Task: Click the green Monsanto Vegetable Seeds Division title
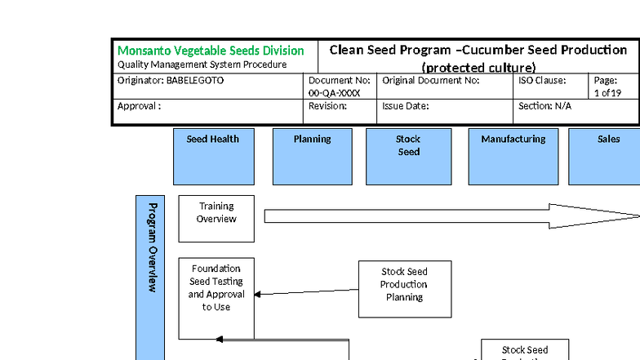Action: click(211, 51)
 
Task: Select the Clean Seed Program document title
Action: click(478, 57)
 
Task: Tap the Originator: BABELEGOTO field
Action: click(171, 81)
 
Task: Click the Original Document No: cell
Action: click(430, 81)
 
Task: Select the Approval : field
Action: click(140, 106)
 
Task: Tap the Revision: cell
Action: click(327, 106)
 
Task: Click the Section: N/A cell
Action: click(544, 106)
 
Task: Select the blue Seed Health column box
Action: click(213, 156)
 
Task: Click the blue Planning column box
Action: click(312, 156)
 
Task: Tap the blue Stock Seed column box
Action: click(408, 156)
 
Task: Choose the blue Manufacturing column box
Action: click(513, 156)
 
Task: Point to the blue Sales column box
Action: click(606, 156)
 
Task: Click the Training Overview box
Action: click(216, 218)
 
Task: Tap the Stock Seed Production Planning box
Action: click(404, 289)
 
